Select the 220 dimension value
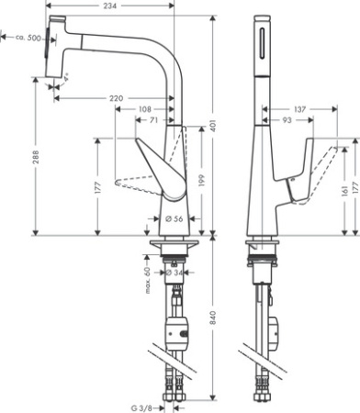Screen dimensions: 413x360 117,96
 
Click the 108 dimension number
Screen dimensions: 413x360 144,108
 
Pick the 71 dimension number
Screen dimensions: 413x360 153,120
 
